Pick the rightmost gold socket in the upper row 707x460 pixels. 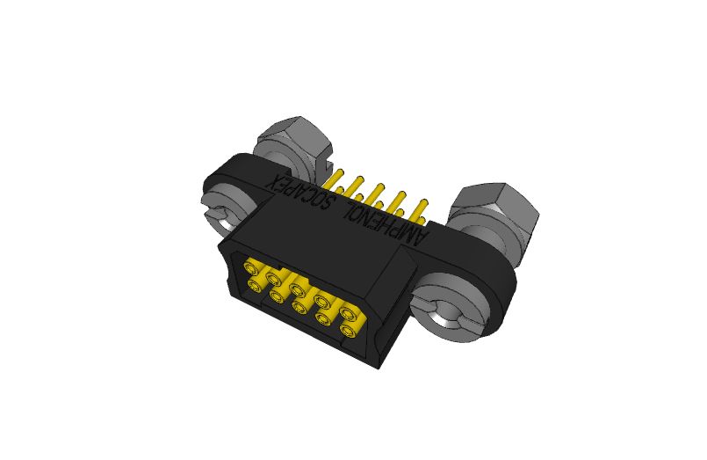pos(350,313)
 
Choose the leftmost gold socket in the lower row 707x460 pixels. pos(256,283)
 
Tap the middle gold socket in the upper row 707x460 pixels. pos(298,288)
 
